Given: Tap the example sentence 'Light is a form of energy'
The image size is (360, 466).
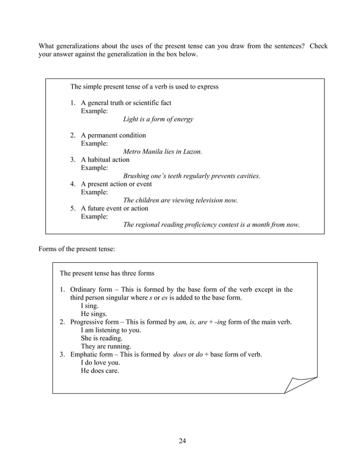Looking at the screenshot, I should click(x=158, y=119).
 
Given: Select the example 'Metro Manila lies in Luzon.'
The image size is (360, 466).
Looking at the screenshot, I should click(x=163, y=152).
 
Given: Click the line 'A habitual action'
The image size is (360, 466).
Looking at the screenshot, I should click(x=105, y=160).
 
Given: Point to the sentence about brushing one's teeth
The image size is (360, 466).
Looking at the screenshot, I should click(x=192, y=176).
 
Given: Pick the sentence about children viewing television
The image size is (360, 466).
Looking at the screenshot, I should click(x=181, y=200).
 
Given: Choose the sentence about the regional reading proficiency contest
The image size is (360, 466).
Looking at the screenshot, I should click(x=212, y=225).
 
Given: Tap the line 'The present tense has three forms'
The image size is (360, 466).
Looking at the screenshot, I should click(x=107, y=273).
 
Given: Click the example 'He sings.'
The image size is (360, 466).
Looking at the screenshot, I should click(x=94, y=314).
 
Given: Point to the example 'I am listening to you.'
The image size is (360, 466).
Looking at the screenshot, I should click(x=111, y=330).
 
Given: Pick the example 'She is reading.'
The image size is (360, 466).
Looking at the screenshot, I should click(x=102, y=338).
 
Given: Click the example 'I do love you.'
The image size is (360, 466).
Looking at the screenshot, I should click(x=100, y=363).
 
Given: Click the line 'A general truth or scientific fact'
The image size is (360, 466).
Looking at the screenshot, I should click(x=126, y=103).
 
